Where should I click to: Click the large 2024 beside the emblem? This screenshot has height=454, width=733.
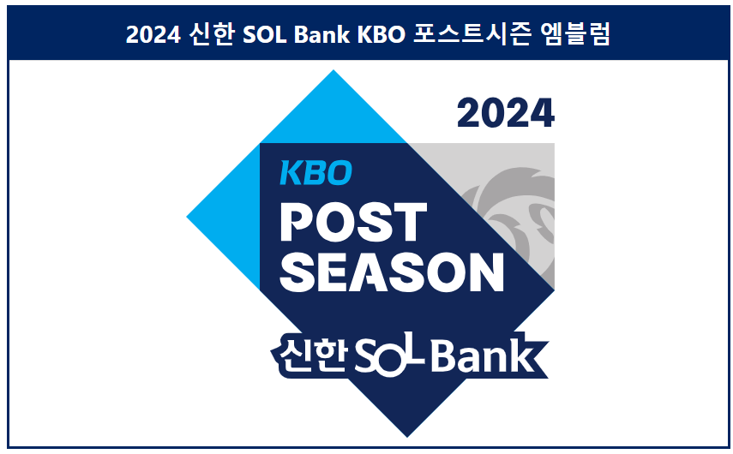point(505,114)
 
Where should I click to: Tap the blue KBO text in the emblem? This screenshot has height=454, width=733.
point(315,174)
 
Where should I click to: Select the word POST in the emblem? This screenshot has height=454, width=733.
point(353,223)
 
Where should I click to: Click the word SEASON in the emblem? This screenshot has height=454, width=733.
point(392,272)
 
